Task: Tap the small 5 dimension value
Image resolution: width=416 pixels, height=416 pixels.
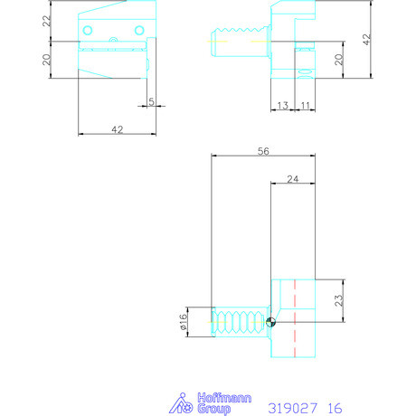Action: (151, 100)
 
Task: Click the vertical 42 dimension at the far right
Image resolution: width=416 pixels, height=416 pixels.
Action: (365, 39)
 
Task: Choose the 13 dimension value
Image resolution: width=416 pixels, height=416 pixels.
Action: (282, 106)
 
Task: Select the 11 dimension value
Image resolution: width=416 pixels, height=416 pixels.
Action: (305, 106)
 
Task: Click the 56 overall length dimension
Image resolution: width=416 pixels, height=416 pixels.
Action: (263, 152)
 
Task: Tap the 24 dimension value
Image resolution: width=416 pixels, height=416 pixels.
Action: (293, 179)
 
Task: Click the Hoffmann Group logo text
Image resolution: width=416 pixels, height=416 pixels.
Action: (209, 402)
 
